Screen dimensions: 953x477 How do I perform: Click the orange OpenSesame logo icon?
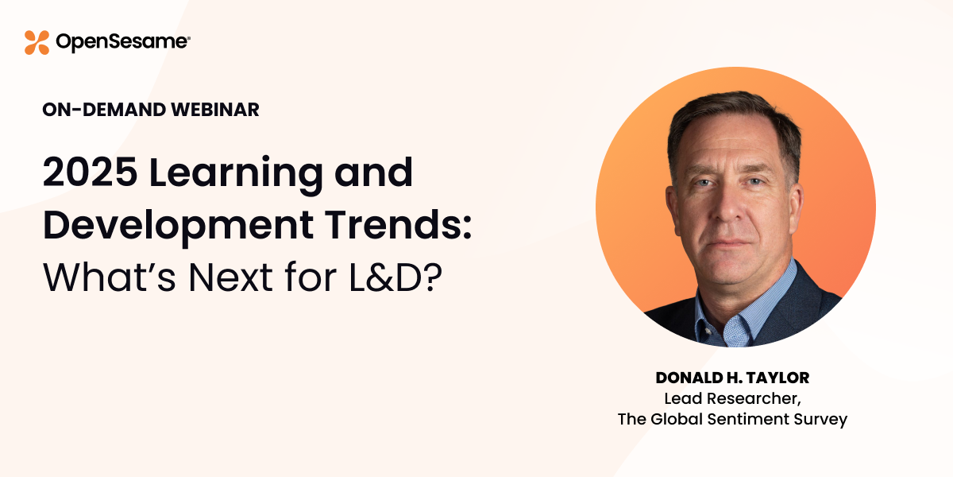37,43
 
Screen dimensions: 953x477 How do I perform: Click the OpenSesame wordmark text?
123,42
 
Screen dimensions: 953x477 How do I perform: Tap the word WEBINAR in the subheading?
215,110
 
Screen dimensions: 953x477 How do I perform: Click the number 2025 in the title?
90,172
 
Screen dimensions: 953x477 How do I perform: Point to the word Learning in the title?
236,175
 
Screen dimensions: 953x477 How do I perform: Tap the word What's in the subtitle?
110,277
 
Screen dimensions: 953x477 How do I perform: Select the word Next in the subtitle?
230,277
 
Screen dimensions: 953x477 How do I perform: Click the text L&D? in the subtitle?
395,277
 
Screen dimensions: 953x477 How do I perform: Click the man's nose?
729,205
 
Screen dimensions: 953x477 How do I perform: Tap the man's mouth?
731,243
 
